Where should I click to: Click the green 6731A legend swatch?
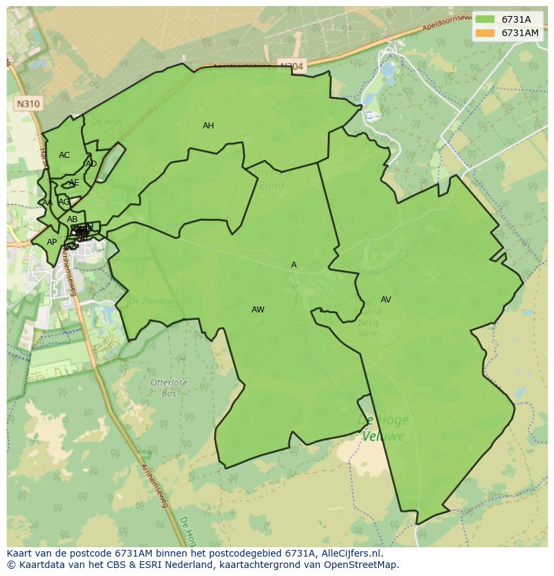coord(485,20)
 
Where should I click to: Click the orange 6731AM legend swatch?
coord(485,33)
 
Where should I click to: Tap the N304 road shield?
coord(291,66)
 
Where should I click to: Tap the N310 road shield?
coord(27,104)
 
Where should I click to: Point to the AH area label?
coord(208,126)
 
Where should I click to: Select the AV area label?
coord(385,300)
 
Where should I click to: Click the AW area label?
coord(258,310)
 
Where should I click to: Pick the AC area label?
coord(64,155)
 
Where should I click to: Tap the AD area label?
coord(91,164)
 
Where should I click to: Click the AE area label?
coord(74,183)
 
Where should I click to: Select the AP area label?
coord(52,242)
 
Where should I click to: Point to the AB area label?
coord(72,219)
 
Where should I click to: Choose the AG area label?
coord(64,202)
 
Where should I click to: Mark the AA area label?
coord(47,203)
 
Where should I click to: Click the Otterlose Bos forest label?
coord(169,387)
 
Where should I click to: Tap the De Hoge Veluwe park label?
coord(383,428)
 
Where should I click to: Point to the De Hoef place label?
coord(104,122)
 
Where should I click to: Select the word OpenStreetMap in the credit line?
coord(362,565)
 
